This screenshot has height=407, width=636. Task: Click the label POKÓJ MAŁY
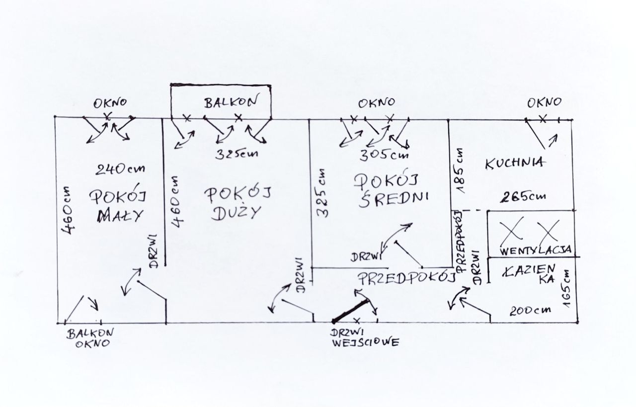(117, 206)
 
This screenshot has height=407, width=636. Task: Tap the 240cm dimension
(120, 169)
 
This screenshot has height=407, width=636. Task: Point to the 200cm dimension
(531, 311)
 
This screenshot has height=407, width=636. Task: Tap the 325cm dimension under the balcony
(237, 154)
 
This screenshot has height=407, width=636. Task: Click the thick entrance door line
(351, 311)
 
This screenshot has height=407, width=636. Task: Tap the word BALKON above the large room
(231, 102)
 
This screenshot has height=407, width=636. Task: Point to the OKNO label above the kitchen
(544, 103)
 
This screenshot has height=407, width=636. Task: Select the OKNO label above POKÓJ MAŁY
(110, 103)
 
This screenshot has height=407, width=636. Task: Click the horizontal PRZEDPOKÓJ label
(406, 277)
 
